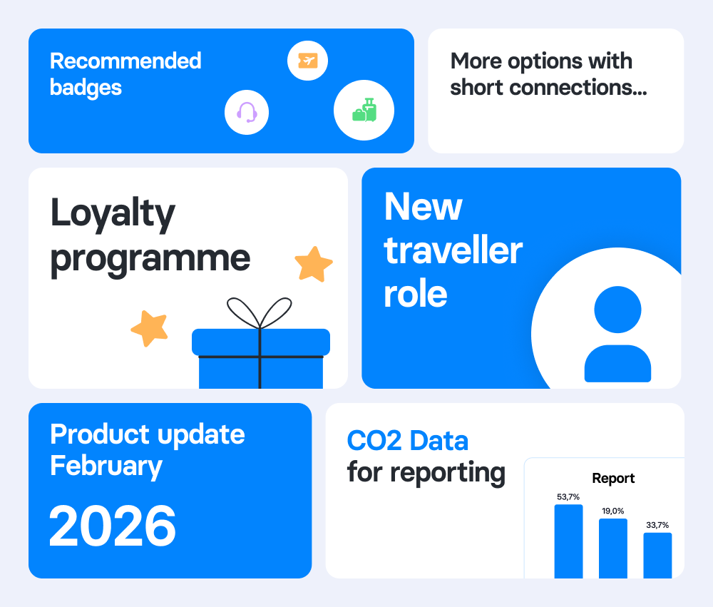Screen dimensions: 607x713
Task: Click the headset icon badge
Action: (247, 113)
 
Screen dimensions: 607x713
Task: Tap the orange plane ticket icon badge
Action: (307, 61)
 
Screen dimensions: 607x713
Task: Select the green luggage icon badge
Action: (364, 110)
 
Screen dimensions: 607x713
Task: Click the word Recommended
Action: (125, 61)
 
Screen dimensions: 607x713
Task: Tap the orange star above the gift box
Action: (314, 264)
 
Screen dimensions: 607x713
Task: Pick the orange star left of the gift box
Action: (150, 328)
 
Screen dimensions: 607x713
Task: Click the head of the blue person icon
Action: (617, 310)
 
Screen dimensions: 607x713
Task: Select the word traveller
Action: (453, 250)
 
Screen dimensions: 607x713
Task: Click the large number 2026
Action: (113, 526)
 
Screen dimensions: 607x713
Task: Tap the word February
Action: (106, 466)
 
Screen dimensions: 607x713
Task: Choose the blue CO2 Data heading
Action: (408, 441)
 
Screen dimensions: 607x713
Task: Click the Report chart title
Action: (613, 479)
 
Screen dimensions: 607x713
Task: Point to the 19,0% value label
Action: (612, 511)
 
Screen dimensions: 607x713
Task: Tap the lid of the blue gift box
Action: (261, 342)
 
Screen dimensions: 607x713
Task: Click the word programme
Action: (150, 258)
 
